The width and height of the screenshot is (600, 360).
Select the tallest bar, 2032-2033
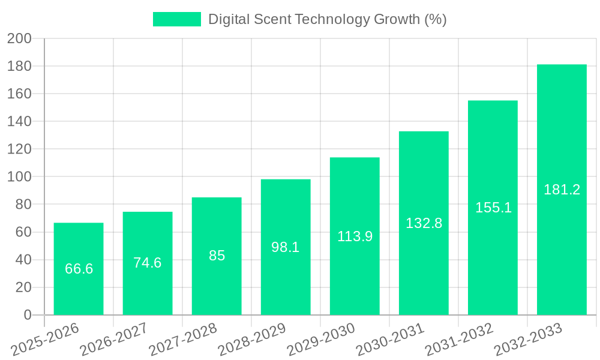(562, 150)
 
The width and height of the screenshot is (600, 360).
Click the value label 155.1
(493, 208)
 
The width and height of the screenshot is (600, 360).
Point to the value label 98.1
(286, 247)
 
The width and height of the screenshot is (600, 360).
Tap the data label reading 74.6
(148, 263)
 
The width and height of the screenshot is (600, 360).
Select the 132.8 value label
(424, 223)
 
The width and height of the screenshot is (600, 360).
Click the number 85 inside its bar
(217, 256)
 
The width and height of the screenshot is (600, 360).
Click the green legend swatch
(177, 19)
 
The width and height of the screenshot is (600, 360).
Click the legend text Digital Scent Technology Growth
(327, 19)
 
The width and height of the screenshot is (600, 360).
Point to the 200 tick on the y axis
(19, 38)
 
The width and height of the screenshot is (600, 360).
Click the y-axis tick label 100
(19, 177)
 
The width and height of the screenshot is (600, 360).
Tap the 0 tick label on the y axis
(27, 315)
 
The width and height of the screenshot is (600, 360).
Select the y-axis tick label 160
(19, 94)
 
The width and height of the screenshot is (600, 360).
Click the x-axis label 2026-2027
(114, 340)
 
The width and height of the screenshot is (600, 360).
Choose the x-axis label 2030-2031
(390, 340)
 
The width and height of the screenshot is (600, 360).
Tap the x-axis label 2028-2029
(252, 340)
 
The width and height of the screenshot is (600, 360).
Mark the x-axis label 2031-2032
(459, 340)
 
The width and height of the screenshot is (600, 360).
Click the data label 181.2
(562, 190)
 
